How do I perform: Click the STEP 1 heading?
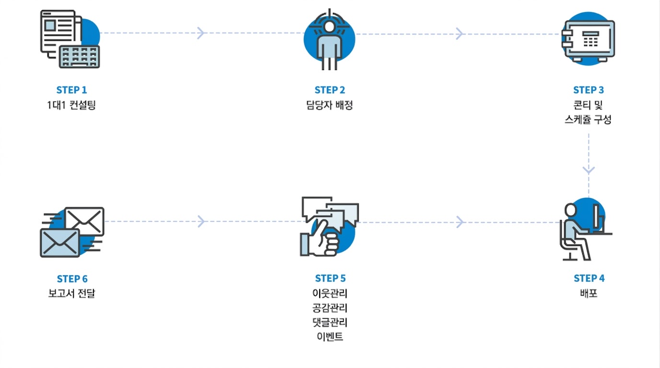[71, 90]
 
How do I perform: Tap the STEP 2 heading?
[330, 90]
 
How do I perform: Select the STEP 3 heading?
[589, 90]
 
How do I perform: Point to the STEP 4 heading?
[589, 278]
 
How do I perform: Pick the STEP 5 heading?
[330, 278]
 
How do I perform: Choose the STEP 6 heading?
[72, 278]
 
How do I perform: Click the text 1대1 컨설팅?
[71, 105]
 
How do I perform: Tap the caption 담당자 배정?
[329, 105]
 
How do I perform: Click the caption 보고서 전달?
[71, 293]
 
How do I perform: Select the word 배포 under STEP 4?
[589, 293]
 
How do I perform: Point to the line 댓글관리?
[330, 322]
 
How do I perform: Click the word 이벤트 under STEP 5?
[330, 336]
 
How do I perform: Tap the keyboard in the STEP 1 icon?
[80, 57]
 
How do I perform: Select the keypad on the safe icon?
[591, 39]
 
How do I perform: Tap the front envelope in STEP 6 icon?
[60, 243]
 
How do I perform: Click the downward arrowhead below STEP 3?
[589, 170]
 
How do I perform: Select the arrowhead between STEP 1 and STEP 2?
[201, 33]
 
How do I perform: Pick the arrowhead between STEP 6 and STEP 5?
[201, 221]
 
